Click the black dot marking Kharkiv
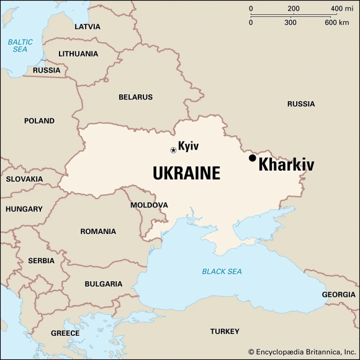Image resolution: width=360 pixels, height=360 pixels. pyautogui.click(x=253, y=158)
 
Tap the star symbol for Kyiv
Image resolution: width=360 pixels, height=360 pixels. pyautogui.click(x=173, y=150)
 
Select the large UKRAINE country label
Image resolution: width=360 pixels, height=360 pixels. pyautogui.click(x=186, y=173)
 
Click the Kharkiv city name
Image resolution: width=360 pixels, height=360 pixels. pyautogui.click(x=286, y=165)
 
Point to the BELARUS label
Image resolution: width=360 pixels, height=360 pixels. pyautogui.click(x=135, y=97)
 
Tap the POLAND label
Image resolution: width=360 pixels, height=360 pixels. pyautogui.click(x=39, y=121)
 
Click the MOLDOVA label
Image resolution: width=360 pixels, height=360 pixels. pyautogui.click(x=149, y=205)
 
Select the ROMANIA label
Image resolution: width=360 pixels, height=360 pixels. pyautogui.click(x=98, y=232)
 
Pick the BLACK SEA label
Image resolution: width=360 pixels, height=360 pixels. pyautogui.click(x=222, y=271)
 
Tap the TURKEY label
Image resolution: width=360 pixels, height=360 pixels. pyautogui.click(x=224, y=331)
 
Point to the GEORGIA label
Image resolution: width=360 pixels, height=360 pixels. pyautogui.click(x=338, y=294)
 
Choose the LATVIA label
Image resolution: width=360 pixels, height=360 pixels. pyautogui.click(x=87, y=27)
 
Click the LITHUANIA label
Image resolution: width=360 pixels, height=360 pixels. pyautogui.click(x=78, y=53)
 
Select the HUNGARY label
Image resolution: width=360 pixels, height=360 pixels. pyautogui.click(x=24, y=209)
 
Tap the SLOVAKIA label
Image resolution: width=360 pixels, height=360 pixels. pyautogui.click(x=24, y=179)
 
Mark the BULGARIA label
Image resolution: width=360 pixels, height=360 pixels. pyautogui.click(x=103, y=284)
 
